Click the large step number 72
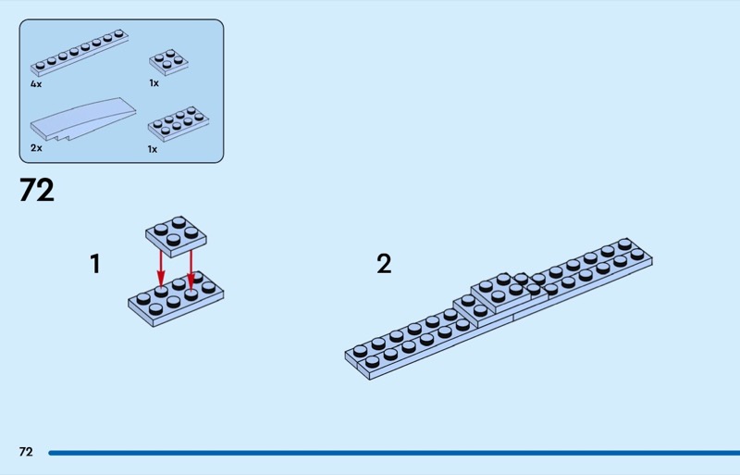pos(37,190)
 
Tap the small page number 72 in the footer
pos(26,452)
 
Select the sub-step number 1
pos(95,264)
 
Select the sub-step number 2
pos(384,264)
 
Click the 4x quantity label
pos(36,84)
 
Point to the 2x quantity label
pos(36,148)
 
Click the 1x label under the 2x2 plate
pos(154,83)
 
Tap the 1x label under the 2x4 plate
pos(152,149)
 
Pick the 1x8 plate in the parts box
pos(80,53)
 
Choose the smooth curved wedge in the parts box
pos(83,119)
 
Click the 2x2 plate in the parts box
pos(168,62)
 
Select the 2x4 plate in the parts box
pos(179,124)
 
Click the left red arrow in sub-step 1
pos(161,268)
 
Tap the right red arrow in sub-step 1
pos(191,269)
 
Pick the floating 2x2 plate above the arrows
pos(176,236)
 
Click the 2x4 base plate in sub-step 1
pos(176,299)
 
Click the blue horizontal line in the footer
pos(394,453)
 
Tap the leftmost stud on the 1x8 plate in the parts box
pos(40,66)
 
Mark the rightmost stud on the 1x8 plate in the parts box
pos(119,34)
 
